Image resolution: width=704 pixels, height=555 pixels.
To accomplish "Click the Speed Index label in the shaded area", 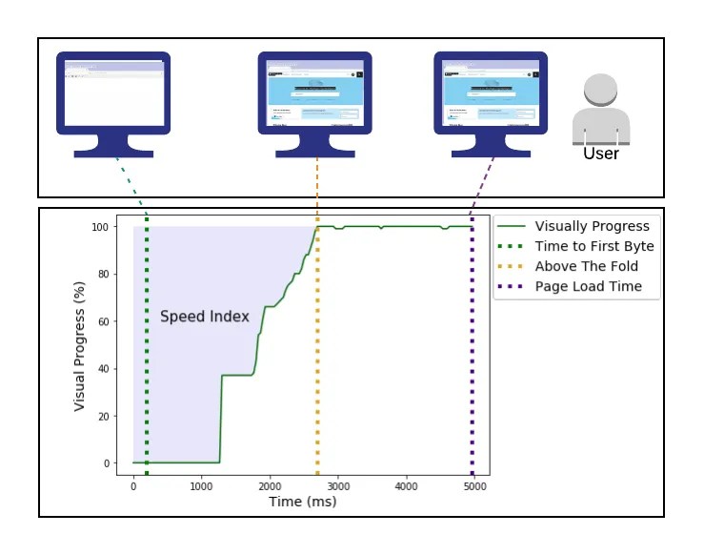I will coord(204,317).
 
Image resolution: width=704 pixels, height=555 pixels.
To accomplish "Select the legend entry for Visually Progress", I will coord(592,226).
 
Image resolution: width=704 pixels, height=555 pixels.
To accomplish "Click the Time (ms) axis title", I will coord(302,502).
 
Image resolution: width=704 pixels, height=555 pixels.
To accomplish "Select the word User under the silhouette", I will coord(600,153).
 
